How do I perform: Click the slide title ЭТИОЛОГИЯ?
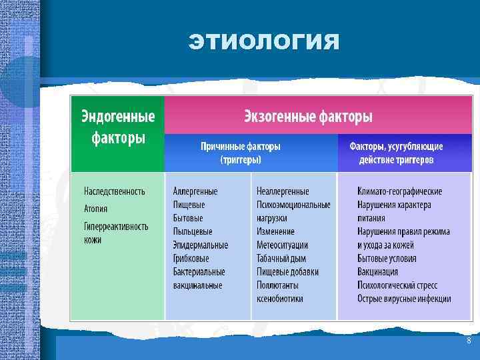(x=264, y=43)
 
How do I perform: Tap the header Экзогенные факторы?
(x=307, y=117)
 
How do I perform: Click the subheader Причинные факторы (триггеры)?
(x=241, y=153)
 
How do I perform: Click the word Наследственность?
(x=114, y=191)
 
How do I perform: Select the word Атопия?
(x=95, y=209)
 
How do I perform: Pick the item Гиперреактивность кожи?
(x=115, y=233)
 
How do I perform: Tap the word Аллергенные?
(x=195, y=191)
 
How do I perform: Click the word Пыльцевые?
(x=193, y=231)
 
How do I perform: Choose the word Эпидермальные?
(x=200, y=245)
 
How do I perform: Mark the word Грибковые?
(x=191, y=258)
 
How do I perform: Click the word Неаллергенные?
(x=283, y=191)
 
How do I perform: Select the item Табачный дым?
(x=281, y=258)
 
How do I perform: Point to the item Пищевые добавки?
(x=287, y=271)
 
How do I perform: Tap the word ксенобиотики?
(x=279, y=299)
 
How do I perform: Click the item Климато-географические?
(x=399, y=191)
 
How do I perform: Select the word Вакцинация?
(x=377, y=271)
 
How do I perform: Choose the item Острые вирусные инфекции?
(x=404, y=299)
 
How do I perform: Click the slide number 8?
(x=469, y=341)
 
